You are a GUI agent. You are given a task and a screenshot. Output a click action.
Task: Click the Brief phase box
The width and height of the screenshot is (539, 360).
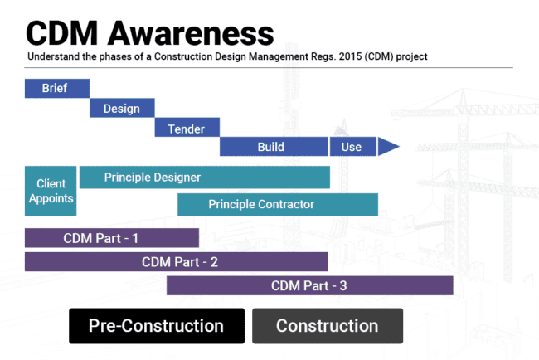(x=56, y=88)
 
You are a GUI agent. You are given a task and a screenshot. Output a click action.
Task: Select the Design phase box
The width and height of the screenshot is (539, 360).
(x=121, y=108)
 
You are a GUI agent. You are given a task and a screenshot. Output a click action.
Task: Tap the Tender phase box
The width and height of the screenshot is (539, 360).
(x=187, y=128)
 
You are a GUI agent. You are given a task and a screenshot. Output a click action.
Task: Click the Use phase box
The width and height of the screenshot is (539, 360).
(x=352, y=147)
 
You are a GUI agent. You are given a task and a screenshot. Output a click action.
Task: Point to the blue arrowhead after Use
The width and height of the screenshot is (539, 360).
(x=387, y=147)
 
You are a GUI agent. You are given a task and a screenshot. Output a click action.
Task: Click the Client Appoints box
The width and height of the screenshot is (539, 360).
(x=51, y=191)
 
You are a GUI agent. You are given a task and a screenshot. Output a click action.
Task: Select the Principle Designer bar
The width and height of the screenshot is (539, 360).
(x=204, y=177)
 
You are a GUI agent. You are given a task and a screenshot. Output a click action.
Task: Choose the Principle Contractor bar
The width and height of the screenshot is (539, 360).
(x=278, y=204)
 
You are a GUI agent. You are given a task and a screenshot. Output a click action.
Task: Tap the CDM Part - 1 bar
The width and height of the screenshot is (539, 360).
(x=112, y=238)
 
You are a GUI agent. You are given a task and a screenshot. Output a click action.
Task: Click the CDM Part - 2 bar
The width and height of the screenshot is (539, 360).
(x=176, y=262)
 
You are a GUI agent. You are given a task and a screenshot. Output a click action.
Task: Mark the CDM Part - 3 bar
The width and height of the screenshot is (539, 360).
(x=309, y=285)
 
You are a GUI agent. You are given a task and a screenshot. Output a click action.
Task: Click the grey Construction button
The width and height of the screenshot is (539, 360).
(x=327, y=326)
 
